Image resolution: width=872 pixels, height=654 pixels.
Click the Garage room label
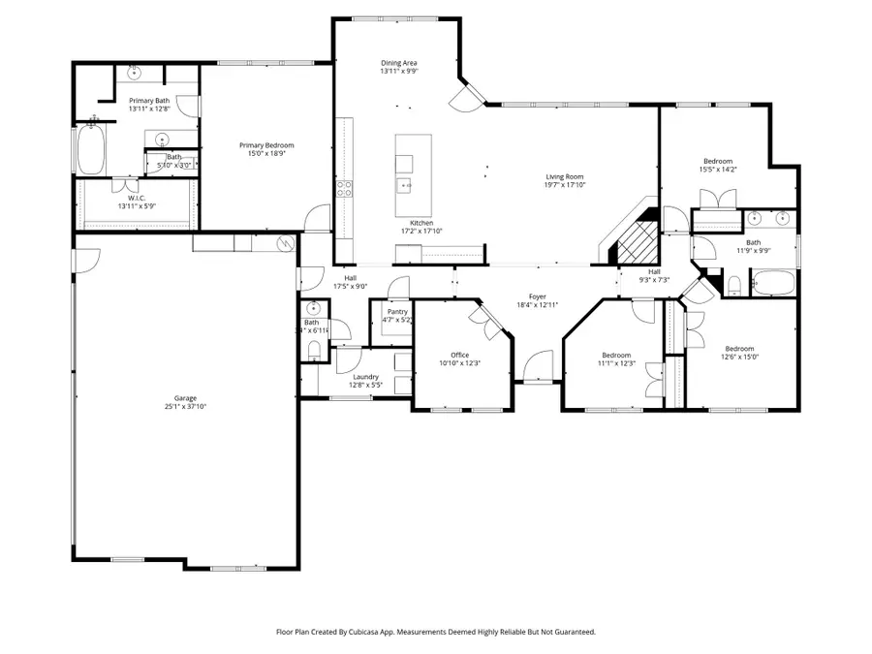[185, 398]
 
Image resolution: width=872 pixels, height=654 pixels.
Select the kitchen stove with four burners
[344, 189]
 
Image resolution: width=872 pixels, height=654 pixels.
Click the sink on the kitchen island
[404, 183]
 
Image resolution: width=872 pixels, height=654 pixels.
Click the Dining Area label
[398, 63]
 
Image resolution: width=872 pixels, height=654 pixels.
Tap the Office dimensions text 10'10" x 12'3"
[459, 363]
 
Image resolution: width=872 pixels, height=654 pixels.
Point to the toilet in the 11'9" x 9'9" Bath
[734, 285]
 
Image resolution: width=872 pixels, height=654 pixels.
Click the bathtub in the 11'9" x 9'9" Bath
[774, 284]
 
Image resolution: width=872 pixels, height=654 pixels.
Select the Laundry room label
[365, 377]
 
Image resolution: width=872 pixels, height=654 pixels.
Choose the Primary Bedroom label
[266, 145]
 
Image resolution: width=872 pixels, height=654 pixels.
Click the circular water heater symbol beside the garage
[285, 243]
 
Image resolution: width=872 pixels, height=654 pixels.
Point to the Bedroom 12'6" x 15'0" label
[740, 349]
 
